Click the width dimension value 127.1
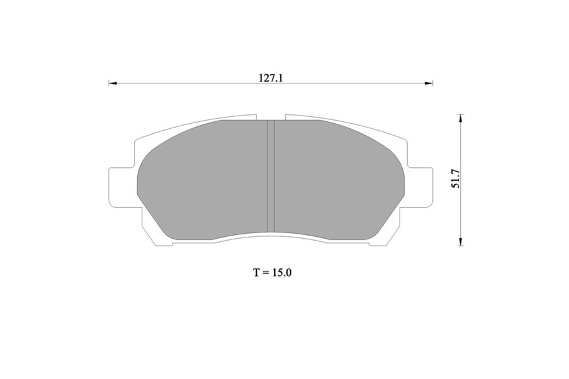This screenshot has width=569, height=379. click(x=271, y=78)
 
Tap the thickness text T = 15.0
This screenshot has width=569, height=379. click(x=272, y=272)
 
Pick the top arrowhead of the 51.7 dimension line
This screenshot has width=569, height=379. click(x=461, y=119)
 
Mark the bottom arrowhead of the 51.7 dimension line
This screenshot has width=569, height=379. click(x=461, y=241)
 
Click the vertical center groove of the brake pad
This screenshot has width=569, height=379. click(x=271, y=176)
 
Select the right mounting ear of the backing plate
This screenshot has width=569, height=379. click(x=420, y=188)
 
